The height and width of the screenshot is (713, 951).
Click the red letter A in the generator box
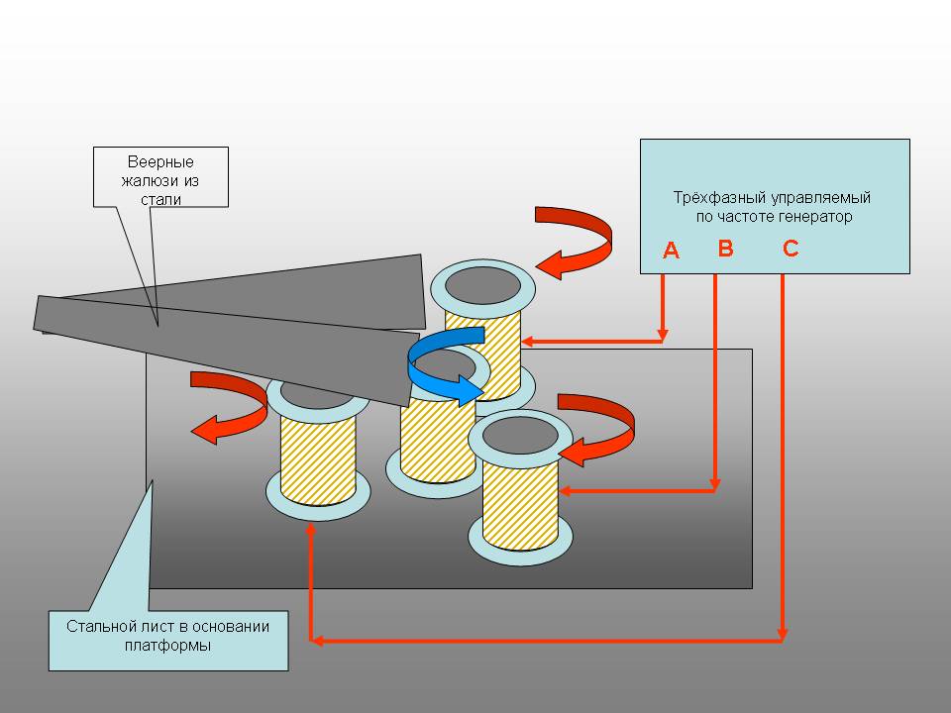[671, 252]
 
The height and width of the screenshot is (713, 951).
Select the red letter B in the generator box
[725, 249]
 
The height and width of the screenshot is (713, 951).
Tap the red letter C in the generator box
[791, 249]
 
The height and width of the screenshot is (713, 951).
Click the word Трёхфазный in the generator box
[710, 197]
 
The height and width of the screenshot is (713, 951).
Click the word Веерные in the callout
[160, 162]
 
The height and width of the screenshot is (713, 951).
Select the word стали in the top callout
[160, 199]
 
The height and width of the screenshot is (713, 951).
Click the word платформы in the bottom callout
[168, 645]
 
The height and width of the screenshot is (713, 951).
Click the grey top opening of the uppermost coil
[482, 285]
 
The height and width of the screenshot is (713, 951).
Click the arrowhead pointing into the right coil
[567, 490]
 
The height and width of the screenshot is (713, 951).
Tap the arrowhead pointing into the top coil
[528, 342]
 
